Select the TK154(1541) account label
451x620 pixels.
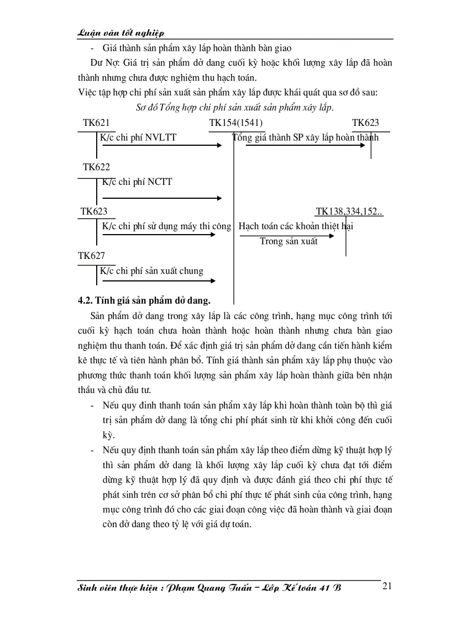[x=236, y=123]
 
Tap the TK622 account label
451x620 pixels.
[x=96, y=167]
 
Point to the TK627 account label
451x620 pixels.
[x=91, y=256]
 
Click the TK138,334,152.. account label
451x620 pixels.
[x=349, y=211]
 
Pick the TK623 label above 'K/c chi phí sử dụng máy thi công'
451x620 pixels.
[x=94, y=211]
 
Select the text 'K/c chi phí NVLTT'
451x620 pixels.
[x=138, y=137]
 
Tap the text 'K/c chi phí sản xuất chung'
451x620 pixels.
[x=151, y=271]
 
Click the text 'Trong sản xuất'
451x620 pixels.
[x=289, y=242]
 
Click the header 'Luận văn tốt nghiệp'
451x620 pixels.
[x=121, y=33]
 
